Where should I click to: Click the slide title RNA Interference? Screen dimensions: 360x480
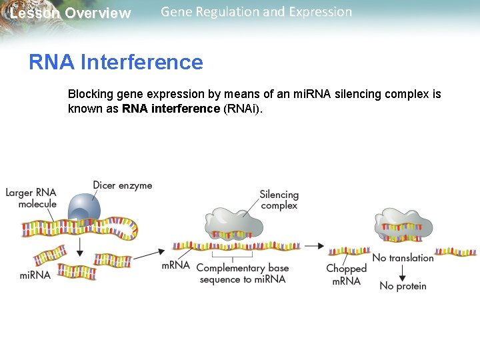[115, 62]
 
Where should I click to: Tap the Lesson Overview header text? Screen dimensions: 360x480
[71, 13]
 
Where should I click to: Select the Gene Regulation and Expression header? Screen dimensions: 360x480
[256, 12]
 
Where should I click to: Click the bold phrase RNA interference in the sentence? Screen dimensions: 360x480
[171, 109]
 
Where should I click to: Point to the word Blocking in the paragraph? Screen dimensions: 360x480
[89, 95]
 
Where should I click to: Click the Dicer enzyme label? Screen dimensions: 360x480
[122, 185]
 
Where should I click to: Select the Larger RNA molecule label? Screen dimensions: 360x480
[31, 198]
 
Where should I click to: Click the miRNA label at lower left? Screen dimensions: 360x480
[35, 275]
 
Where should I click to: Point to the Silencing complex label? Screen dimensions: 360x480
[279, 200]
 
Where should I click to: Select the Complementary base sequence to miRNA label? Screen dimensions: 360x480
[242, 273]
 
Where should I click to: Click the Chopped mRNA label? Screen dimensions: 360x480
[346, 275]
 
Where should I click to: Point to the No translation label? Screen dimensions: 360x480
[403, 258]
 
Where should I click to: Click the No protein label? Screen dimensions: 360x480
[403, 286]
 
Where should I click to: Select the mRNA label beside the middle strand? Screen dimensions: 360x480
[175, 265]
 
